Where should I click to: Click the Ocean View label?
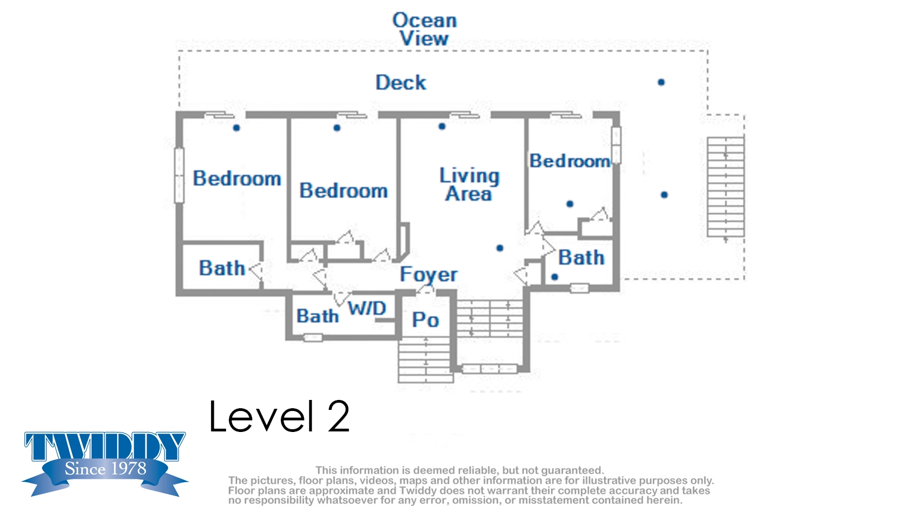click(x=424, y=29)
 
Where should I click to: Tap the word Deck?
click(x=401, y=82)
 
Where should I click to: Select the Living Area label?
click(x=469, y=185)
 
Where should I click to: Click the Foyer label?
click(x=428, y=275)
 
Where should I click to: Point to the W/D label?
click(x=367, y=308)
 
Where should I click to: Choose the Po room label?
click(x=425, y=320)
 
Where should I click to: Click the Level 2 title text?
click(x=279, y=417)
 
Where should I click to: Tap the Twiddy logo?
click(x=104, y=463)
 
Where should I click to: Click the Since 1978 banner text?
click(x=106, y=468)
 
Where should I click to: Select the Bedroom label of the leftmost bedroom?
click(x=237, y=178)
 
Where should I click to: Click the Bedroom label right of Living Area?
click(x=570, y=161)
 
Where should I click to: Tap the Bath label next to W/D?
click(x=317, y=316)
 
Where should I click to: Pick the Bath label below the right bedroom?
click(x=581, y=257)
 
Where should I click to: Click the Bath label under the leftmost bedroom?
click(x=222, y=268)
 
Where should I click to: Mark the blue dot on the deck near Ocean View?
click(x=661, y=82)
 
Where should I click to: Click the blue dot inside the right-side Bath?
click(x=554, y=277)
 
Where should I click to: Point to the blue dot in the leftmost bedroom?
click(x=237, y=128)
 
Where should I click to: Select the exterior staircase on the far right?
click(x=726, y=187)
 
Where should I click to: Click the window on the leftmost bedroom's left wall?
click(x=179, y=176)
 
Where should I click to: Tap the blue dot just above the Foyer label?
click(x=500, y=248)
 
